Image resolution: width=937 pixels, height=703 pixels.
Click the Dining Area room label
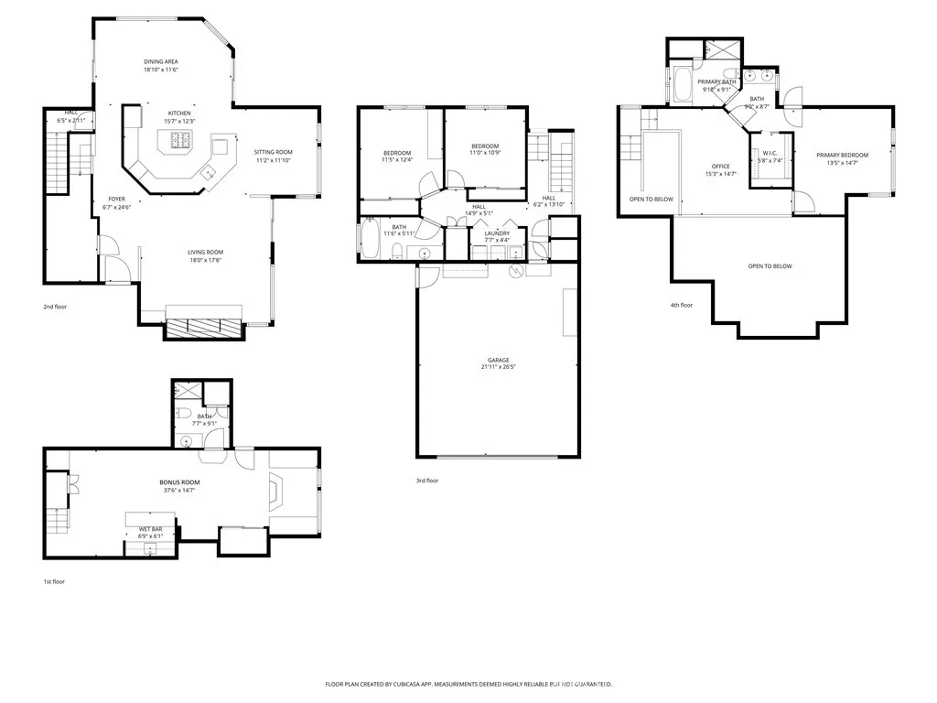(160, 61)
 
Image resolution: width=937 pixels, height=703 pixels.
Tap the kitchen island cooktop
(178, 140)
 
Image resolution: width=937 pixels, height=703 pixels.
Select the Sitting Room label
(273, 152)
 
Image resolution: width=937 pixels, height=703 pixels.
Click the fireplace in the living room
(203, 327)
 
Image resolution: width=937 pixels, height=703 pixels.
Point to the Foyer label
(116, 199)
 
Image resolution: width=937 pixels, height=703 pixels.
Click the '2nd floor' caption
(55, 307)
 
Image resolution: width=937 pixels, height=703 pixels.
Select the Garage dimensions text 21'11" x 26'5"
(498, 368)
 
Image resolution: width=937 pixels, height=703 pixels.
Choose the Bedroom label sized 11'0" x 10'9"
(485, 146)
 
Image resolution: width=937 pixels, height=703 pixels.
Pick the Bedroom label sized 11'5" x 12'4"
(397, 153)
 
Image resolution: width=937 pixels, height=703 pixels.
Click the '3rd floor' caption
(427, 481)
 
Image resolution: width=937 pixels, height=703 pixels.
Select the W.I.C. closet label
(770, 153)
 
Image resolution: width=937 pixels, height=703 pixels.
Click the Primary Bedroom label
(842, 155)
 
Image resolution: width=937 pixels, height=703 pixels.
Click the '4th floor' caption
(681, 305)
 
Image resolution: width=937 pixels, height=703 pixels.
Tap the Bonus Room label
(179, 481)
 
